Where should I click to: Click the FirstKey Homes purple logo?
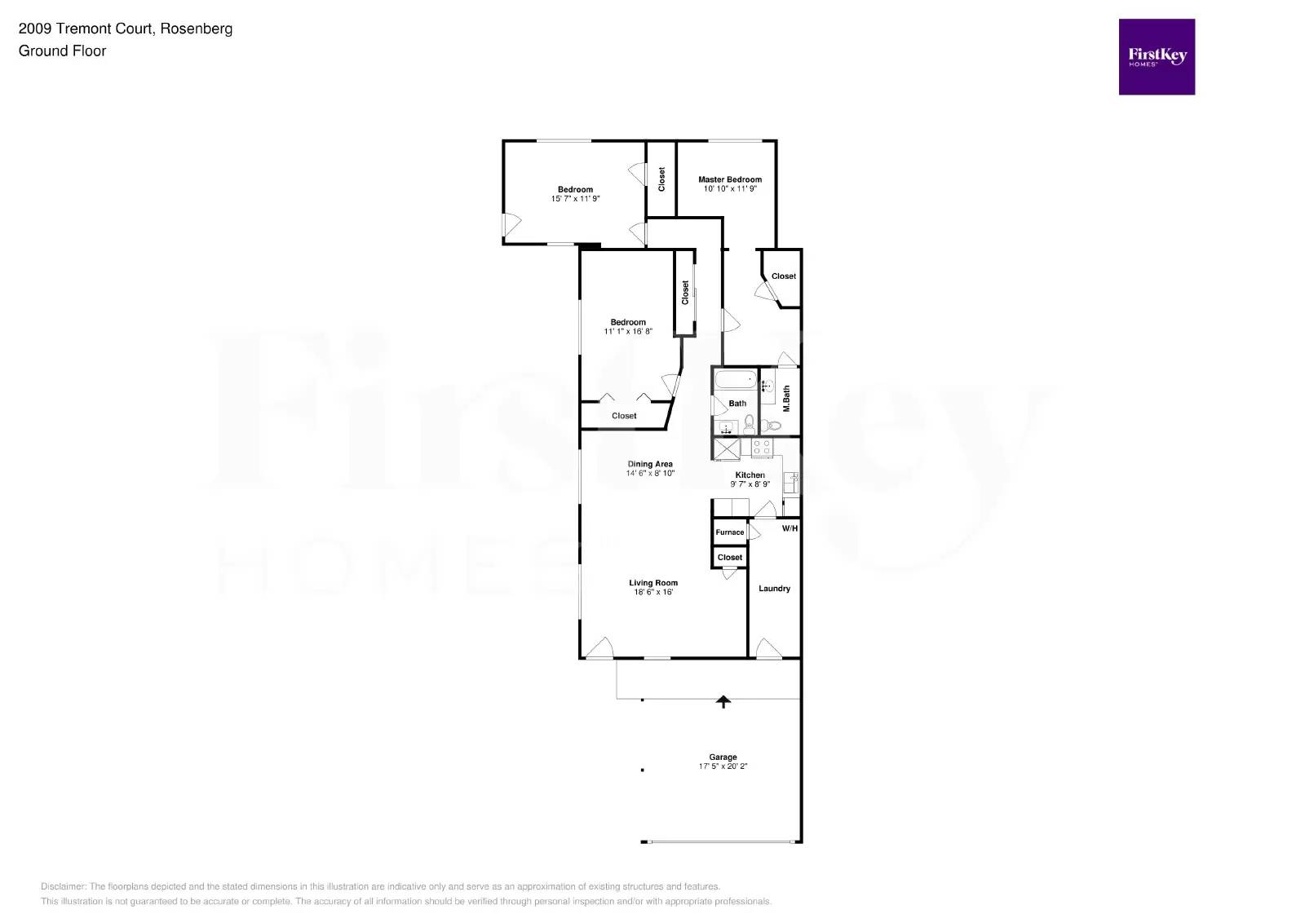point(1157,57)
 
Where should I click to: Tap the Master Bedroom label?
point(730,179)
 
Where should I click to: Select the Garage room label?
point(723,757)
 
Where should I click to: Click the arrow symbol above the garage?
point(723,700)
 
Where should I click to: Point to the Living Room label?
point(653,583)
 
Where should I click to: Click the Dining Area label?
point(650,464)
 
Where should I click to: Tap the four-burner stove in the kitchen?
point(762,448)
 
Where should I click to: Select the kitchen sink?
point(790,483)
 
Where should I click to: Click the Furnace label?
point(730,532)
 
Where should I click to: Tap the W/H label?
point(790,528)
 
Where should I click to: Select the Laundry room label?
point(774,589)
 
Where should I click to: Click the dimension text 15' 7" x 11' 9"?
point(576,199)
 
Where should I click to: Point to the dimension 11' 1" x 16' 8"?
point(628,332)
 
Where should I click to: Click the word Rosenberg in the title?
point(196,29)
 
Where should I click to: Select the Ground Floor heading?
point(63,51)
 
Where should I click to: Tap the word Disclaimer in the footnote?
point(63,886)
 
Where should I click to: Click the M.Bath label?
point(786,399)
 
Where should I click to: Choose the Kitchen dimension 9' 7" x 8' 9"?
point(750,484)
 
